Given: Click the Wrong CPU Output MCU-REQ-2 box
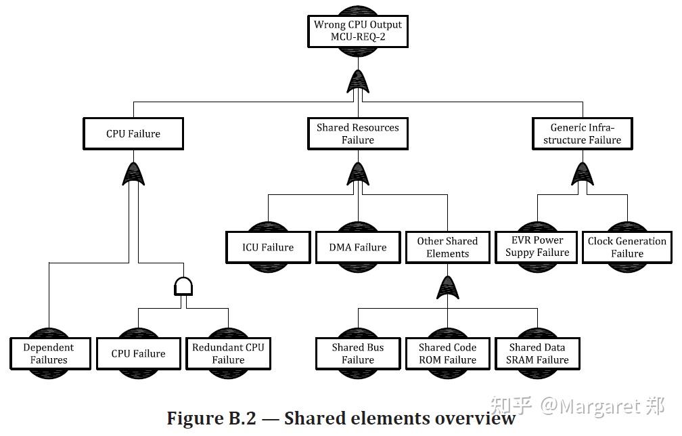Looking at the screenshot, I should (357, 31).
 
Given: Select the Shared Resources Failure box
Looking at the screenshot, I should (357, 134).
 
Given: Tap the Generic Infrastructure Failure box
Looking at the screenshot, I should (583, 134).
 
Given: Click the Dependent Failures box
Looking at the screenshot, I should (49, 353).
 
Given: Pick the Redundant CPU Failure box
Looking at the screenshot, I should (228, 353).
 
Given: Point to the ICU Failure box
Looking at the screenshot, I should (268, 247).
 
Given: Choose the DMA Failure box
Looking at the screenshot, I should (358, 247).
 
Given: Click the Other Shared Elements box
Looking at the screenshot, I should (447, 247).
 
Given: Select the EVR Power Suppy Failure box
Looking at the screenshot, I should (537, 246).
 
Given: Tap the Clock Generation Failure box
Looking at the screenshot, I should (627, 247).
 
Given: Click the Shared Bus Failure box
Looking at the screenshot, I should (358, 353).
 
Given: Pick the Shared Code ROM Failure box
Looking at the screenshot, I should (447, 353).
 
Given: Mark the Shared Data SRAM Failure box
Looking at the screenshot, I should (537, 353).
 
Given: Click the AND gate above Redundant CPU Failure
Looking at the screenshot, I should (183, 286).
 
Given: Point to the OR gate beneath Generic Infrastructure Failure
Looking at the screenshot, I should (583, 174).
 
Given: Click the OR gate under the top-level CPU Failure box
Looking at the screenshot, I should (133, 174).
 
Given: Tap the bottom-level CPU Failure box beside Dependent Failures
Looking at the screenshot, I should (139, 353).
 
